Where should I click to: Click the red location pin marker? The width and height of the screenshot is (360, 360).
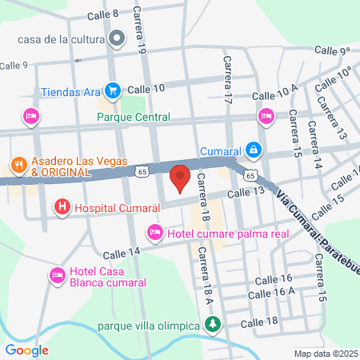181,178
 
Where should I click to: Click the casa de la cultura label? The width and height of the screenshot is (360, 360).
61,38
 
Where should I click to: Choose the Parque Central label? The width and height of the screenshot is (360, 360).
134,117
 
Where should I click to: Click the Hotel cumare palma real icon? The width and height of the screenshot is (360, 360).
154,233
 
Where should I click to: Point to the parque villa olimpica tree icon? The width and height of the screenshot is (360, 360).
213,325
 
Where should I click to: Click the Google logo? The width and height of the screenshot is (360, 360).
26,350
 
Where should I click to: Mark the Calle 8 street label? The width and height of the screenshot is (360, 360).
102,14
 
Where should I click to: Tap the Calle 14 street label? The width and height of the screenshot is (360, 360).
122,251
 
